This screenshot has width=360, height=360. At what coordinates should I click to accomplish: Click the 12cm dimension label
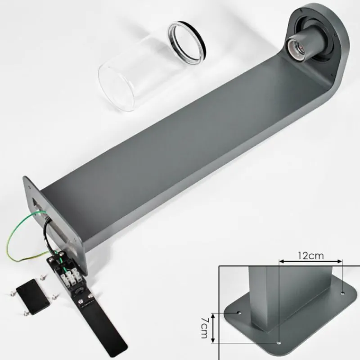311,255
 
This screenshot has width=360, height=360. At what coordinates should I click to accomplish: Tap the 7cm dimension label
204,328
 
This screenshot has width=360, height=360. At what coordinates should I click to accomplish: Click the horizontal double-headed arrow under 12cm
310,261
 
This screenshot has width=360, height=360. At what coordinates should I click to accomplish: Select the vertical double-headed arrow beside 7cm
213,328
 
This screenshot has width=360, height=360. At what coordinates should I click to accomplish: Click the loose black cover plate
33,297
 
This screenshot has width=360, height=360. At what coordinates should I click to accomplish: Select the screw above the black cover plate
42,278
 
